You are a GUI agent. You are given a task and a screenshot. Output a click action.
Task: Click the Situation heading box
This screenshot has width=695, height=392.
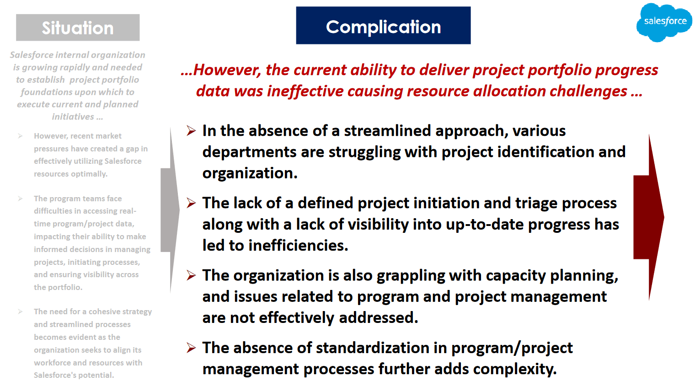[x=78, y=27]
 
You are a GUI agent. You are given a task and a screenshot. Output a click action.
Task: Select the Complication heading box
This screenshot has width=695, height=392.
[x=383, y=26]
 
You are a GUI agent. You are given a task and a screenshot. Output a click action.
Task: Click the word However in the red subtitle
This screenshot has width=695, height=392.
[x=227, y=70]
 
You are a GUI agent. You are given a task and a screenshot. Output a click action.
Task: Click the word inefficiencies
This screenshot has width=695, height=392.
[x=298, y=245]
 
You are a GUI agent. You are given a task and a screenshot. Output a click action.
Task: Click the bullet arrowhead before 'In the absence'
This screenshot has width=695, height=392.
[x=191, y=131]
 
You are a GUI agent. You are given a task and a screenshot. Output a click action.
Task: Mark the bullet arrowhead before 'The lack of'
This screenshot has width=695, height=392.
[x=191, y=203]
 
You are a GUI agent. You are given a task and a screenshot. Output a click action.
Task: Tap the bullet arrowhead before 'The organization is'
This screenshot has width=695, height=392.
[x=191, y=275]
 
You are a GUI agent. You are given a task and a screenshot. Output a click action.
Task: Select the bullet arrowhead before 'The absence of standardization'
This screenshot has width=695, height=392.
[x=191, y=348]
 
